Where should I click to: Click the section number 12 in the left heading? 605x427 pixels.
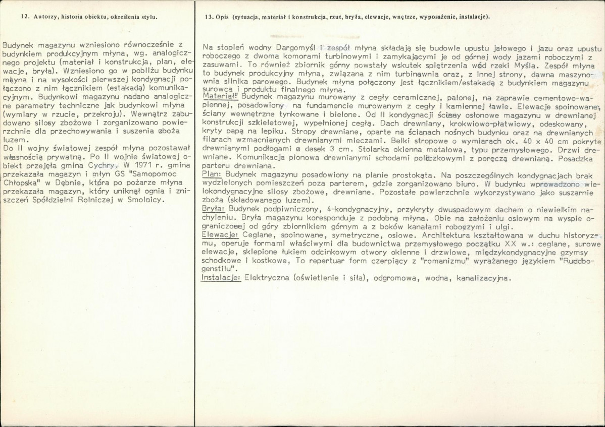[x=25, y=17]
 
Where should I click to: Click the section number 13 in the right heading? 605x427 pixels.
[x=209, y=17]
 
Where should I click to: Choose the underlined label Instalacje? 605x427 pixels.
[x=221, y=277]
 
